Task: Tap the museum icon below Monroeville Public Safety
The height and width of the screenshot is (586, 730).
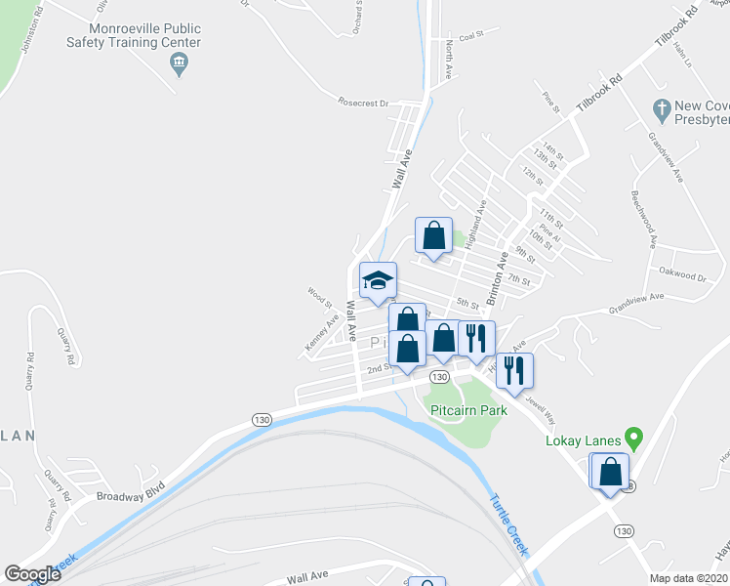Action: click(179, 65)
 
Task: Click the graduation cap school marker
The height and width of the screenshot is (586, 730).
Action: click(378, 280)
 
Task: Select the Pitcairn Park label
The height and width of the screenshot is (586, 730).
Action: click(468, 411)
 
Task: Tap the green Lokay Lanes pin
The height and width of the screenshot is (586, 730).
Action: click(633, 438)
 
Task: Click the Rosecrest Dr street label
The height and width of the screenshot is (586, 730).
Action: click(363, 102)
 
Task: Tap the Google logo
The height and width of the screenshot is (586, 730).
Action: click(32, 574)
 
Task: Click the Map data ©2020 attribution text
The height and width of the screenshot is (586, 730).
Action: click(689, 578)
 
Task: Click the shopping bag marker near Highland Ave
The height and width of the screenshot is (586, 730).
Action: click(433, 235)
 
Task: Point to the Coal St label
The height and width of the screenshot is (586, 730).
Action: click(471, 35)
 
